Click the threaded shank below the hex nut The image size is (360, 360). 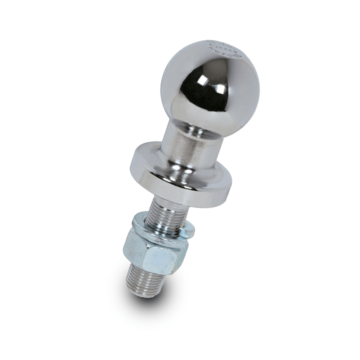coord(146,283)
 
